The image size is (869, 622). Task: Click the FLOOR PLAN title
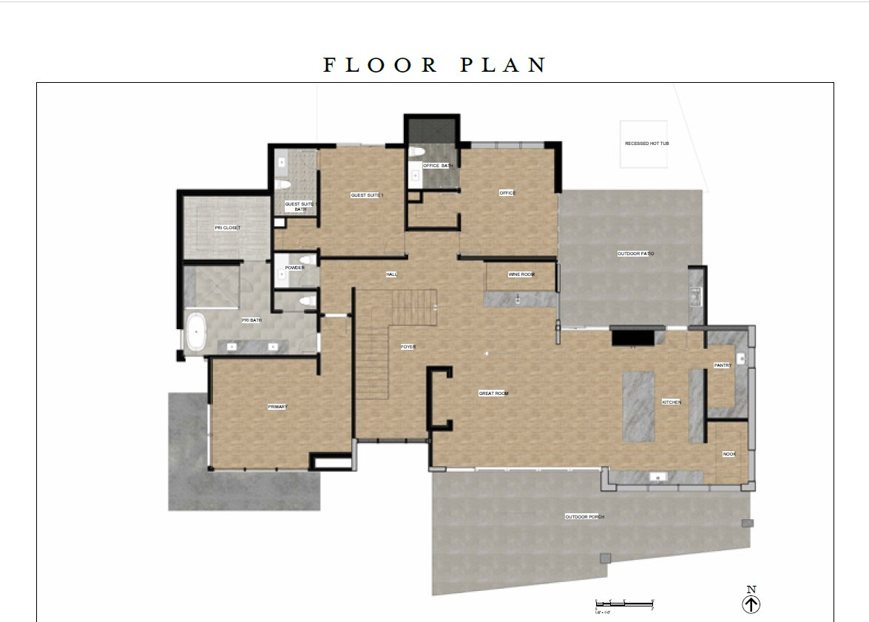[435, 65]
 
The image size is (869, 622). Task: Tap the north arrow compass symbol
[751, 604]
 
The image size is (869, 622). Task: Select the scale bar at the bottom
[625, 604]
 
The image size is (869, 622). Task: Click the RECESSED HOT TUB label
[646, 143]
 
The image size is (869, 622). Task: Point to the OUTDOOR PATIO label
[635, 254]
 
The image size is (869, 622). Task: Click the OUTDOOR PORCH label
[584, 517]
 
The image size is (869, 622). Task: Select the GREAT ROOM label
[493, 393]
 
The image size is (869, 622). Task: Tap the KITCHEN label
[671, 402]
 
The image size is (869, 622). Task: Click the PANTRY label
[722, 365]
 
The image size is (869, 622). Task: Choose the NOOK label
[728, 454]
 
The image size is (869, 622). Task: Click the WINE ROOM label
[521, 274]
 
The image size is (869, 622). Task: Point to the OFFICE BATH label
[437, 166]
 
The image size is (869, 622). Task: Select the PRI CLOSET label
[227, 228]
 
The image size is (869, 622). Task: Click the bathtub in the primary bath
[195, 333]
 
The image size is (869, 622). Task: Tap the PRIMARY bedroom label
[277, 407]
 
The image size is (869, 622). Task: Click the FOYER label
[408, 347]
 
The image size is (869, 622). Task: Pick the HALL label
[391, 274]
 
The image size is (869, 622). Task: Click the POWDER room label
[294, 268]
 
